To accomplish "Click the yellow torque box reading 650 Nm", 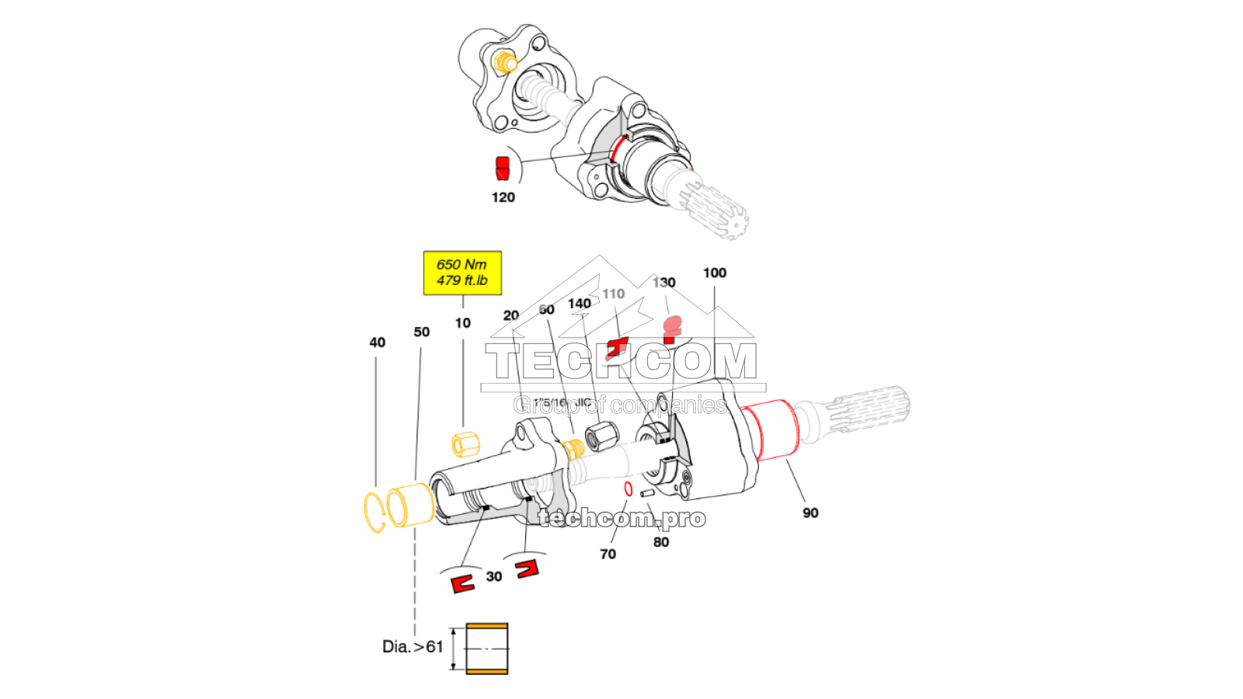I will [x=462, y=273].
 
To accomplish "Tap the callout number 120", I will [x=503, y=197].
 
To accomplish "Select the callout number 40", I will [x=377, y=343].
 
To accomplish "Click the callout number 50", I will [x=422, y=332].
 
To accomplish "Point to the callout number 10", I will [x=463, y=323].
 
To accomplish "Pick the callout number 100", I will [x=715, y=273].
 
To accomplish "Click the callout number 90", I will [x=810, y=513].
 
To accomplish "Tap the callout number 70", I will [x=608, y=554].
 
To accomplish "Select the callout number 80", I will [x=661, y=542].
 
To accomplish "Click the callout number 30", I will [x=494, y=576].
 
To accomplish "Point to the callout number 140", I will [x=580, y=304].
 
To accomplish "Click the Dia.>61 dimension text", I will [x=413, y=646].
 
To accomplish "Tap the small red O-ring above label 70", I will [x=628, y=489].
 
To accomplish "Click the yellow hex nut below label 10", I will [x=465, y=444].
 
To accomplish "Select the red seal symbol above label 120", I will [x=503, y=167].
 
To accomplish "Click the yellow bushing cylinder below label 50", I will [x=409, y=505].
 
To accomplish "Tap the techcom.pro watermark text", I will [x=621, y=518].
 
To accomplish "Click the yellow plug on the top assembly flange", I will [x=506, y=61].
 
